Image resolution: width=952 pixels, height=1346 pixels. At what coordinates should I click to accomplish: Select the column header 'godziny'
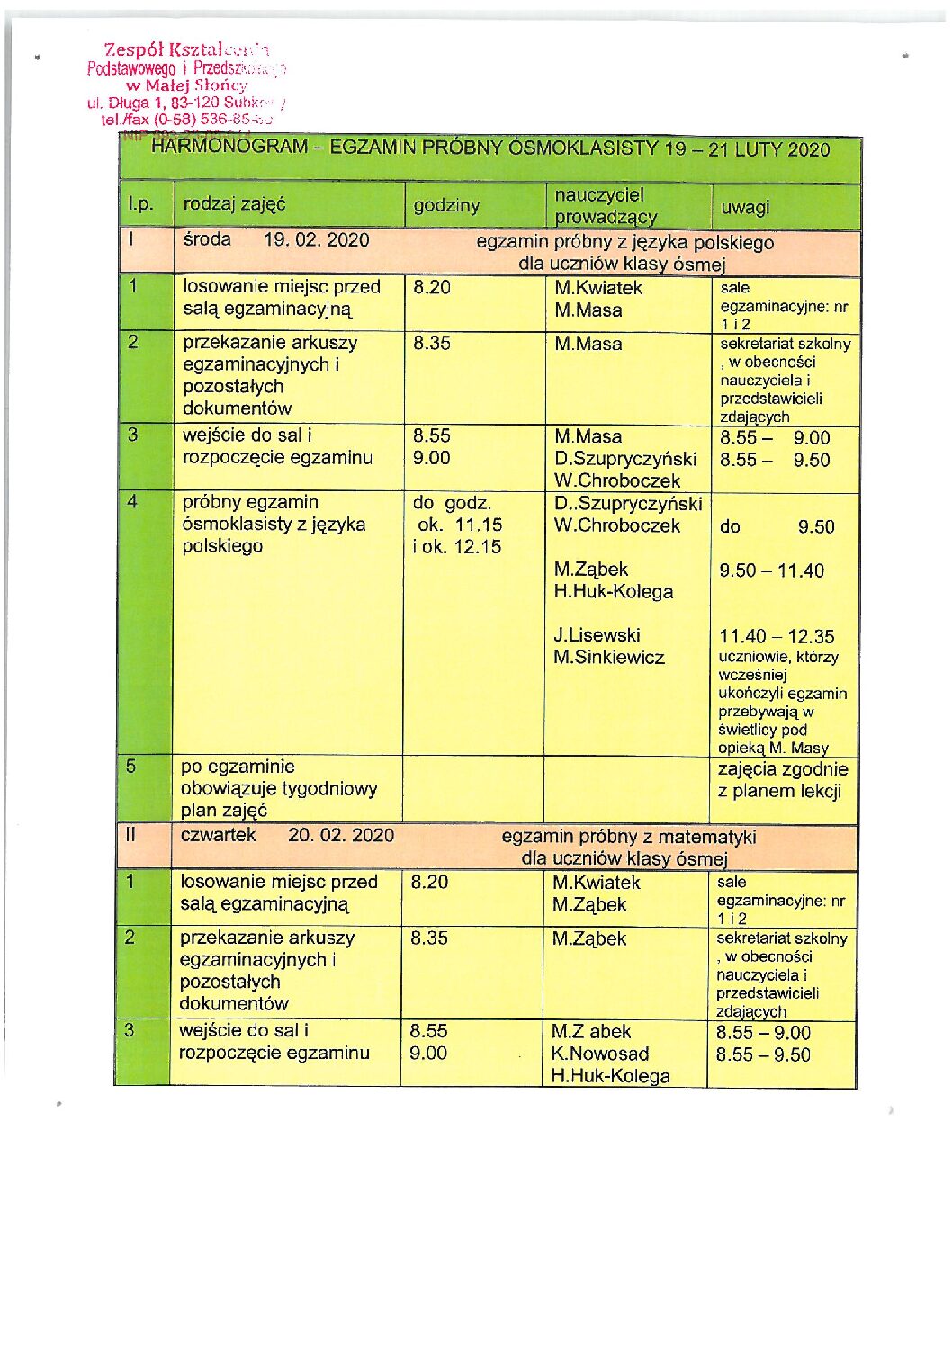pos(446,205)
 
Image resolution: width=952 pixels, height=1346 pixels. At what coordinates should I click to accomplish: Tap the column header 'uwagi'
pos(745,208)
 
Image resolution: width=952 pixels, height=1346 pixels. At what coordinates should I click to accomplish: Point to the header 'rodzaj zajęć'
pos(234,204)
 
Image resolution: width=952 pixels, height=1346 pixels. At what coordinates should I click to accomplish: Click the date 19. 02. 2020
pos(316,239)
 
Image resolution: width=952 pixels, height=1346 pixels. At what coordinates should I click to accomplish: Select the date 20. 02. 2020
pos(340,835)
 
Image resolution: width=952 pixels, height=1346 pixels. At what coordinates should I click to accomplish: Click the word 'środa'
pos(207,239)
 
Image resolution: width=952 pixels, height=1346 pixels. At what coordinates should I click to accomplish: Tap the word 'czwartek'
pos(218,835)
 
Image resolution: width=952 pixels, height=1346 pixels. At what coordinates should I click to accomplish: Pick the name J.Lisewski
pos(597,635)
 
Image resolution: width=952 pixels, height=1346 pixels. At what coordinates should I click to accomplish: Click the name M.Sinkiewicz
pos(608,658)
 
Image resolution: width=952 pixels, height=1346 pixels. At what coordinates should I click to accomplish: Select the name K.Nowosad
pos(599,1054)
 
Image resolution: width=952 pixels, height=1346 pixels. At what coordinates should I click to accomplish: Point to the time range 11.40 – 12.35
pos(776,637)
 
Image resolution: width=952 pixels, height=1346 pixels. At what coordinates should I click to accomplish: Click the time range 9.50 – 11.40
pos(771,570)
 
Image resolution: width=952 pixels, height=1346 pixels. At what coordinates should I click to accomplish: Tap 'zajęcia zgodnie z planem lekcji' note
pos(782,780)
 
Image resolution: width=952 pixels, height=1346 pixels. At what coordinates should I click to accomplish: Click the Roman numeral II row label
pos(130,835)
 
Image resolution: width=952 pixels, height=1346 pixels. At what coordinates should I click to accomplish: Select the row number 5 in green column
pos(131,767)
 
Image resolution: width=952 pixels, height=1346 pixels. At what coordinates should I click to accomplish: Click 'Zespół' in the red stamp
pos(133,50)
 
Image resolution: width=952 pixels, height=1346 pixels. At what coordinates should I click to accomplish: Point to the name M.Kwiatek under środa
pos(598,288)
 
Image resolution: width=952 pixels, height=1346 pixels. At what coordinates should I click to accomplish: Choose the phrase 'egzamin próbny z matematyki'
pos(628,837)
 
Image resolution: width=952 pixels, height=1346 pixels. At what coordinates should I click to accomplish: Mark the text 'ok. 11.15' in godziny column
pos(460,525)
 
